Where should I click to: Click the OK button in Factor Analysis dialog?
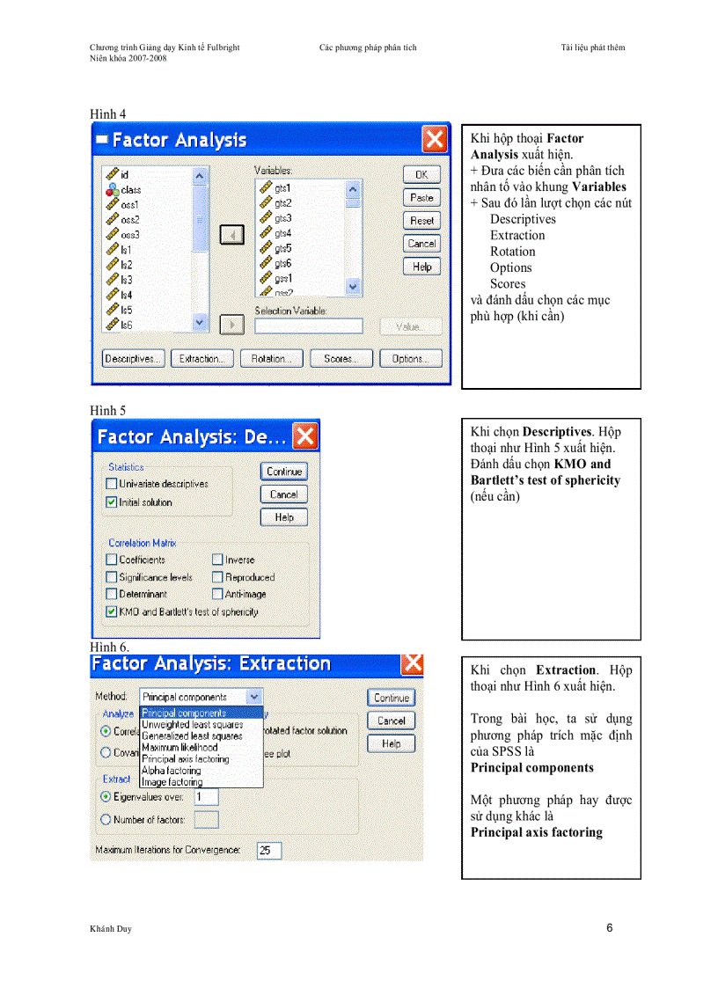(x=421, y=175)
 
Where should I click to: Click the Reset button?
(x=421, y=221)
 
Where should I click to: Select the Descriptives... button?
(x=133, y=359)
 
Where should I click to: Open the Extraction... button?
(x=201, y=359)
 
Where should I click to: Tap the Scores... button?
(x=340, y=359)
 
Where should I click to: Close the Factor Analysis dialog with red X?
(x=435, y=139)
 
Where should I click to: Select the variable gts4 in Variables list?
(x=282, y=233)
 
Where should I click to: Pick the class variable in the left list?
(x=130, y=189)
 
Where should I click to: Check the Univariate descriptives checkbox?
(x=112, y=484)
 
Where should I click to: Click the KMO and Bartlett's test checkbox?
(x=112, y=611)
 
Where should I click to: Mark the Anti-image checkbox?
(x=217, y=595)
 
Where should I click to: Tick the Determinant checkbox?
(x=112, y=595)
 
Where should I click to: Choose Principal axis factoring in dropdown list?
(x=185, y=759)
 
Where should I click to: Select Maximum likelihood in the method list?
(x=179, y=748)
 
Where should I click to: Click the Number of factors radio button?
(x=106, y=820)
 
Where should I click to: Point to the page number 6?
(x=609, y=928)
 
